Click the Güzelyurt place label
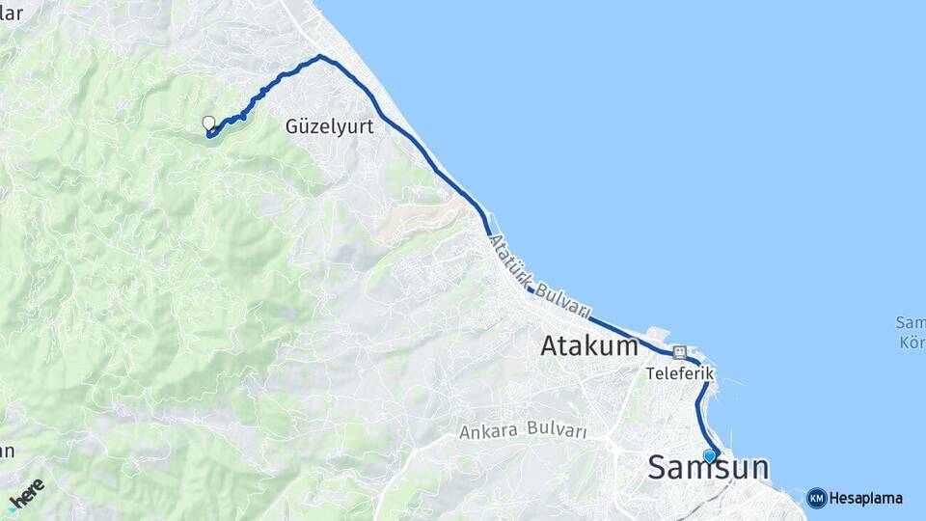329,126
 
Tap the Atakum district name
589,345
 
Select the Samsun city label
708,468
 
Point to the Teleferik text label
679,371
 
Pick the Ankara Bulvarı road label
524,430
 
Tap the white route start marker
208,123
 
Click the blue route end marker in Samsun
709,456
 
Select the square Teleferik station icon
679,352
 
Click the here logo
27,494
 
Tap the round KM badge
816,498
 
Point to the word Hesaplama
865,499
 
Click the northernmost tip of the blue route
320,56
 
